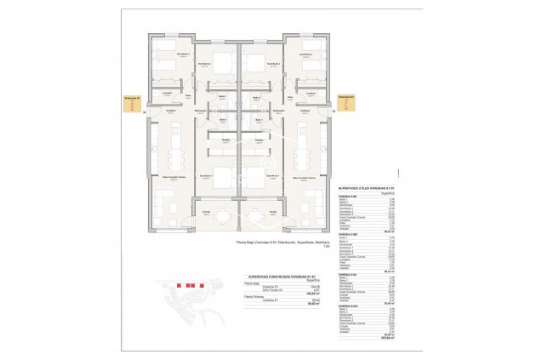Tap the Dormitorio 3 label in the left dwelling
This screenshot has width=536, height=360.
182,54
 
